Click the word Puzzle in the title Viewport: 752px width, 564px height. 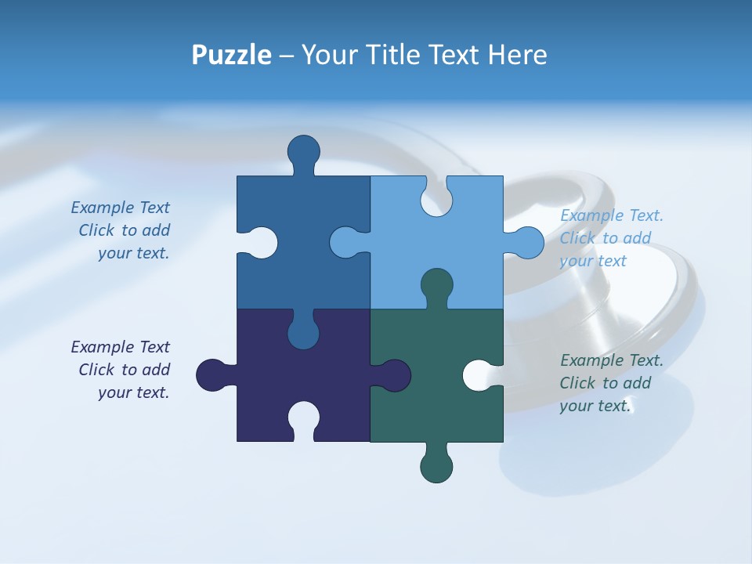232,56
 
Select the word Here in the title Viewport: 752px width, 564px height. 518,56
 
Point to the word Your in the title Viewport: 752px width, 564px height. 329,56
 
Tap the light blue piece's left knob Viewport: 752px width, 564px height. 345,243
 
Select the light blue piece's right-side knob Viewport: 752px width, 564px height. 527,243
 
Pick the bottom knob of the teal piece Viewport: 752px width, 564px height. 436,466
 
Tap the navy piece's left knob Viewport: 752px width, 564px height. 212,375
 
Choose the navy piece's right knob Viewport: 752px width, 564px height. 394,375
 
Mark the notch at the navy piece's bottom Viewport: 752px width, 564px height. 303,418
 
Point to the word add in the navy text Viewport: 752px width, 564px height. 156,370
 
